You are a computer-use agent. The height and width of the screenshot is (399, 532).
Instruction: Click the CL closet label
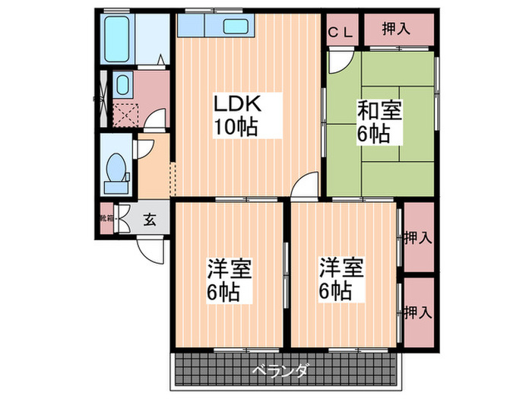coord(340,31)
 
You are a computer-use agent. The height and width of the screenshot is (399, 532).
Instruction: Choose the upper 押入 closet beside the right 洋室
coord(418,236)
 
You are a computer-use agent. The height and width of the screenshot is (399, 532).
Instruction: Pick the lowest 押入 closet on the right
coord(418,312)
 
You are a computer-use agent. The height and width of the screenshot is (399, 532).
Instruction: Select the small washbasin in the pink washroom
coord(121,84)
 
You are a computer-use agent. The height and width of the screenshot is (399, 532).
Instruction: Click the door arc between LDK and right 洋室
coord(307,186)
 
